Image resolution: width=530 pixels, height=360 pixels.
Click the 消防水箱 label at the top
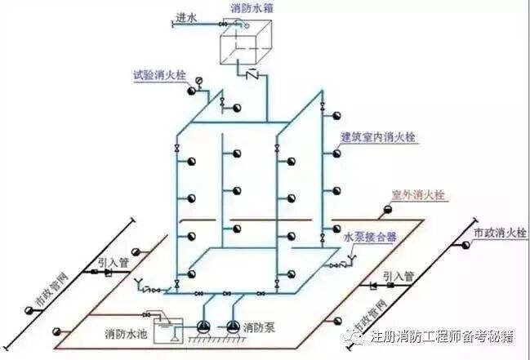click(x=251, y=7)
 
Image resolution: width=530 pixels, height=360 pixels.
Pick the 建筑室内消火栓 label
click(x=378, y=137)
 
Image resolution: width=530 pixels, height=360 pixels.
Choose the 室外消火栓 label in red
click(x=417, y=195)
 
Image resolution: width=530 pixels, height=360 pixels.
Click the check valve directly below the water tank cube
click(x=253, y=75)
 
